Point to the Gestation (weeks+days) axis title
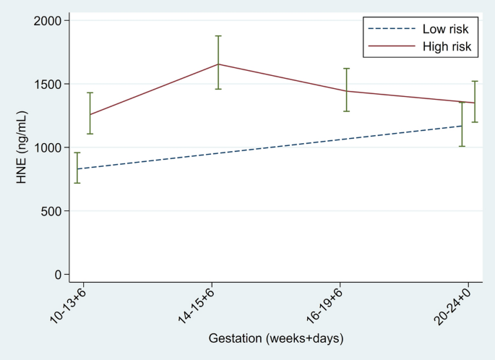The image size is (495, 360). [x=276, y=338]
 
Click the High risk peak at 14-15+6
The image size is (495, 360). [x=218, y=64]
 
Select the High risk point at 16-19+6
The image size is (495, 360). [x=346, y=90]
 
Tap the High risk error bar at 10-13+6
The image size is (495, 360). [x=90, y=113]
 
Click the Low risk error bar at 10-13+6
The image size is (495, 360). [x=77, y=168]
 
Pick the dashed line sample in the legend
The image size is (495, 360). [x=390, y=30]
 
